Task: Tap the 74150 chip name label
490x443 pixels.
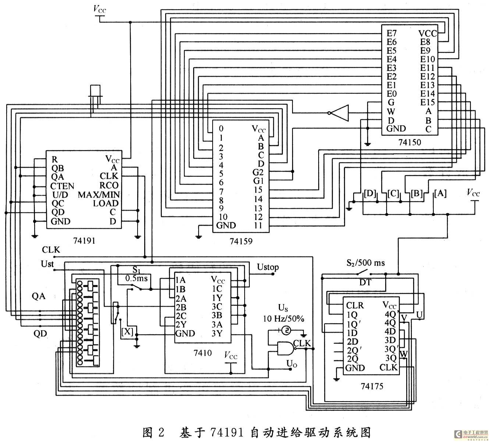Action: (x=409, y=142)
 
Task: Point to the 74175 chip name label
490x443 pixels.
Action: (x=372, y=386)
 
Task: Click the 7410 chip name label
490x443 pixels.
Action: (x=202, y=353)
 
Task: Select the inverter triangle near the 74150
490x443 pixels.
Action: (x=339, y=113)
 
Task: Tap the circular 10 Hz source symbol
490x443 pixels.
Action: (x=286, y=331)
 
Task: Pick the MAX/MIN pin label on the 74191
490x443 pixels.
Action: (x=99, y=194)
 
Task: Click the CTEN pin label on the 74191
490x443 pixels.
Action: (x=62, y=186)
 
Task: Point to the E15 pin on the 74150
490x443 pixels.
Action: (x=427, y=103)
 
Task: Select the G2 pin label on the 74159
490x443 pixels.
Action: (x=258, y=172)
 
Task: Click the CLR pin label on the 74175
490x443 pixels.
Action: (x=355, y=306)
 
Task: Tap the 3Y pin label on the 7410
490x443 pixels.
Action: (x=217, y=333)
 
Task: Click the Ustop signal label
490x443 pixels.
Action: (x=268, y=267)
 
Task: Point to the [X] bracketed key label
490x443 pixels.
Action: (x=127, y=332)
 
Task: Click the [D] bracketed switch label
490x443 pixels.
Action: (x=370, y=193)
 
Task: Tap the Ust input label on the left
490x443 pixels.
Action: (x=47, y=264)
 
